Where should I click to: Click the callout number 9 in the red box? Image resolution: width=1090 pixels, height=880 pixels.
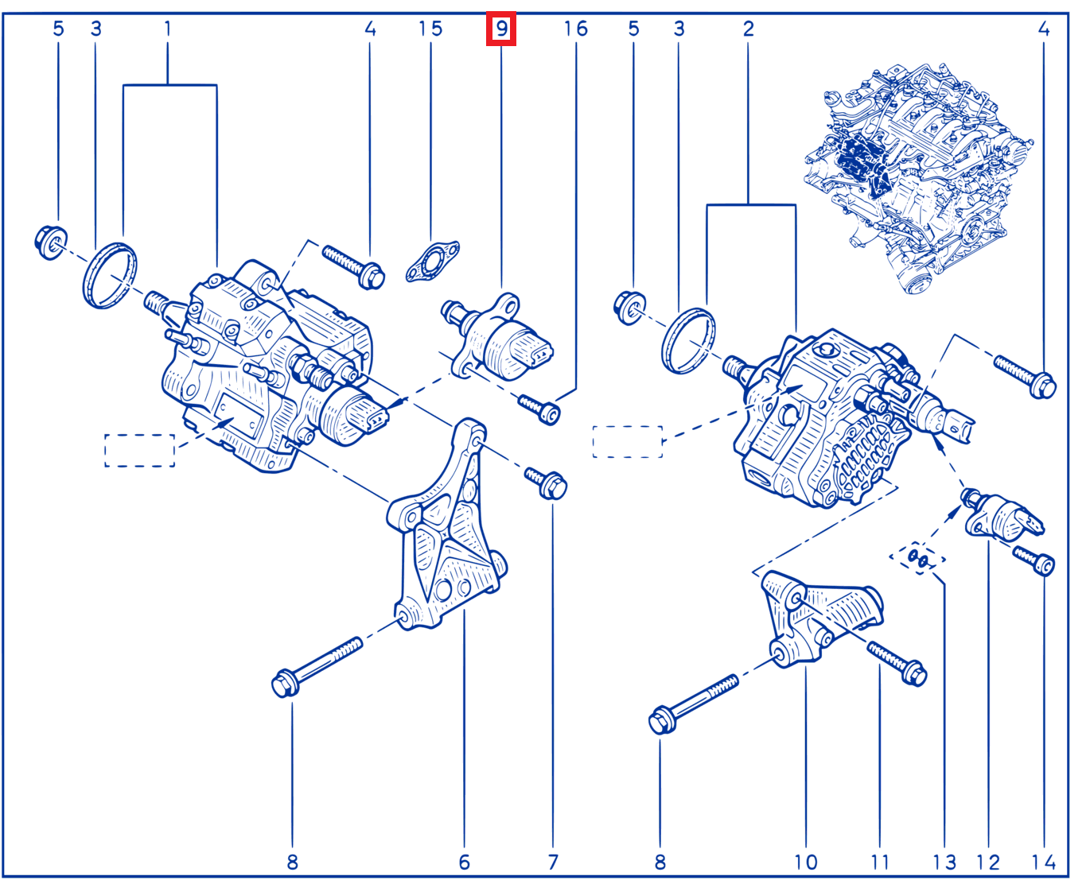(501, 29)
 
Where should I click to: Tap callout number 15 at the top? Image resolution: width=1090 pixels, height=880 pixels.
(430, 29)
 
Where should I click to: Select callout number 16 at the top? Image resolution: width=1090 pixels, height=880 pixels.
(575, 29)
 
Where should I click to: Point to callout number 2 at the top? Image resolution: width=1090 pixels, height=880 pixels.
(748, 29)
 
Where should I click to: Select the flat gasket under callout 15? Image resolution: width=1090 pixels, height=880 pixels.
(432, 262)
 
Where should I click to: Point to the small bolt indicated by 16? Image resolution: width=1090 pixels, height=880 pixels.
(539, 409)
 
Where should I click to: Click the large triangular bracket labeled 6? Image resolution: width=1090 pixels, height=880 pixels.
(446, 527)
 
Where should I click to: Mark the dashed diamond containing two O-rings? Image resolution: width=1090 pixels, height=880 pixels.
(917, 558)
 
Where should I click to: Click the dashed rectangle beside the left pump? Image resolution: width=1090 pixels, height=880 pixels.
(139, 451)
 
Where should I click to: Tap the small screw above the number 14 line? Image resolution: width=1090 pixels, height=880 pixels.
(1034, 561)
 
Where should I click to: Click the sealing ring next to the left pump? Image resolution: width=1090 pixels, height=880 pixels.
(110, 276)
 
